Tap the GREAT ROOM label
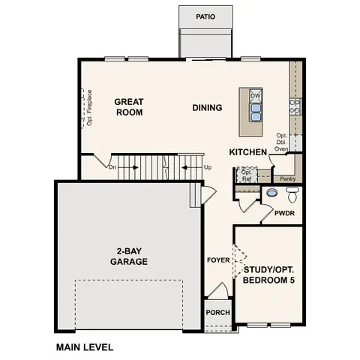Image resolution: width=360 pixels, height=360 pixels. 129,106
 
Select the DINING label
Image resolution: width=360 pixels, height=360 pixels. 207,107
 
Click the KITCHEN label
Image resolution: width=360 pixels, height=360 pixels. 248,152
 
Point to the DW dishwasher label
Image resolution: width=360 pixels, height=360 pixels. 255,96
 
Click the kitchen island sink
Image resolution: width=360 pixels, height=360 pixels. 255,112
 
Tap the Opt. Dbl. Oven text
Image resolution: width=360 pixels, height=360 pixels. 281,142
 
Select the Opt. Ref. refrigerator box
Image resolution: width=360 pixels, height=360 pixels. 245,175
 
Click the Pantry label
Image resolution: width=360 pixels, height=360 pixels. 286,179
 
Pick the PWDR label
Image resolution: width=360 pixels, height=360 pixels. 283,214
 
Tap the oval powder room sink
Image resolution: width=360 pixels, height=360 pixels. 271,193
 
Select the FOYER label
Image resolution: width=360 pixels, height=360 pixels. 217,260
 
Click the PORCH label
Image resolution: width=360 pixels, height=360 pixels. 217,313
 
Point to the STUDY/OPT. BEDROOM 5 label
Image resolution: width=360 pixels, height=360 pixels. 268,274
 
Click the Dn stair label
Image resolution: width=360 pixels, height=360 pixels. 112,168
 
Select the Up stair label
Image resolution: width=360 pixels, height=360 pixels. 207,167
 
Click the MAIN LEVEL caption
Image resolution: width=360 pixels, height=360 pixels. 85,347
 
